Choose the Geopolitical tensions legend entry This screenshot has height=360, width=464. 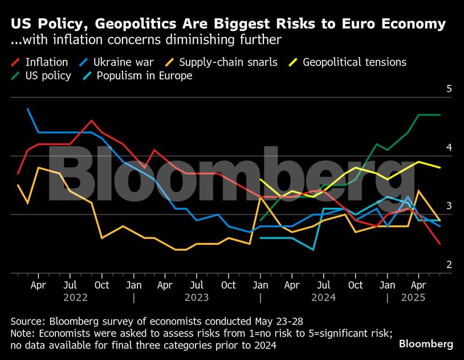click(354, 62)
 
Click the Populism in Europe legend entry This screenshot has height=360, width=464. click(144, 76)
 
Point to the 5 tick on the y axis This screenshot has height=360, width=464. click(449, 89)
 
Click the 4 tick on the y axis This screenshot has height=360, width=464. click(449, 148)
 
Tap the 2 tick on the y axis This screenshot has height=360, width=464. click(449, 265)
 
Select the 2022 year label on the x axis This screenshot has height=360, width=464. click(75, 297)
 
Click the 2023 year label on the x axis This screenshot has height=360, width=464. click(196, 297)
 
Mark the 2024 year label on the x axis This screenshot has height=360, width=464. click(323, 297)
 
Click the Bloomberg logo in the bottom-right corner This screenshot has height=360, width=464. click(426, 344)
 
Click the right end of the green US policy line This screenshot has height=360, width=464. click(440, 115)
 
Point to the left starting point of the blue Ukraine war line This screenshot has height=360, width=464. click(28, 109)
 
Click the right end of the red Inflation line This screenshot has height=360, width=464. click(440, 244)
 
